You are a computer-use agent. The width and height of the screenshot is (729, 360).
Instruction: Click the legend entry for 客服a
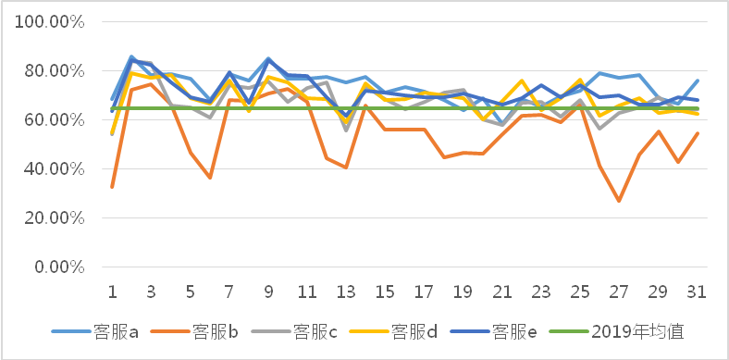pyautogui.click(x=116, y=331)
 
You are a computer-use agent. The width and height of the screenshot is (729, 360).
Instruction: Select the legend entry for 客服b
pyautogui.click(x=215, y=331)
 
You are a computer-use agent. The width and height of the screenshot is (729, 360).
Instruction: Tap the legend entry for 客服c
pyautogui.click(x=314, y=331)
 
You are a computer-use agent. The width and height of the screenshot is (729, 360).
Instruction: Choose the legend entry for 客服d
pyautogui.click(x=413, y=331)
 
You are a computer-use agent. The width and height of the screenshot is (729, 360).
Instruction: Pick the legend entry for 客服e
pyautogui.click(x=512, y=331)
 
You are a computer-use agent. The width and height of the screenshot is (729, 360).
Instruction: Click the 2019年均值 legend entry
pyautogui.click(x=628, y=331)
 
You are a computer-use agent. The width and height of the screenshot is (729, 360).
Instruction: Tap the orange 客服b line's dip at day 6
pyautogui.click(x=210, y=178)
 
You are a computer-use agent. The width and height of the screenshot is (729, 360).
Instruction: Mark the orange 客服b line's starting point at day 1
pyautogui.click(x=112, y=187)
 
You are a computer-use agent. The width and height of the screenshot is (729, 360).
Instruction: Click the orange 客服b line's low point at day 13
pyautogui.click(x=346, y=168)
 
